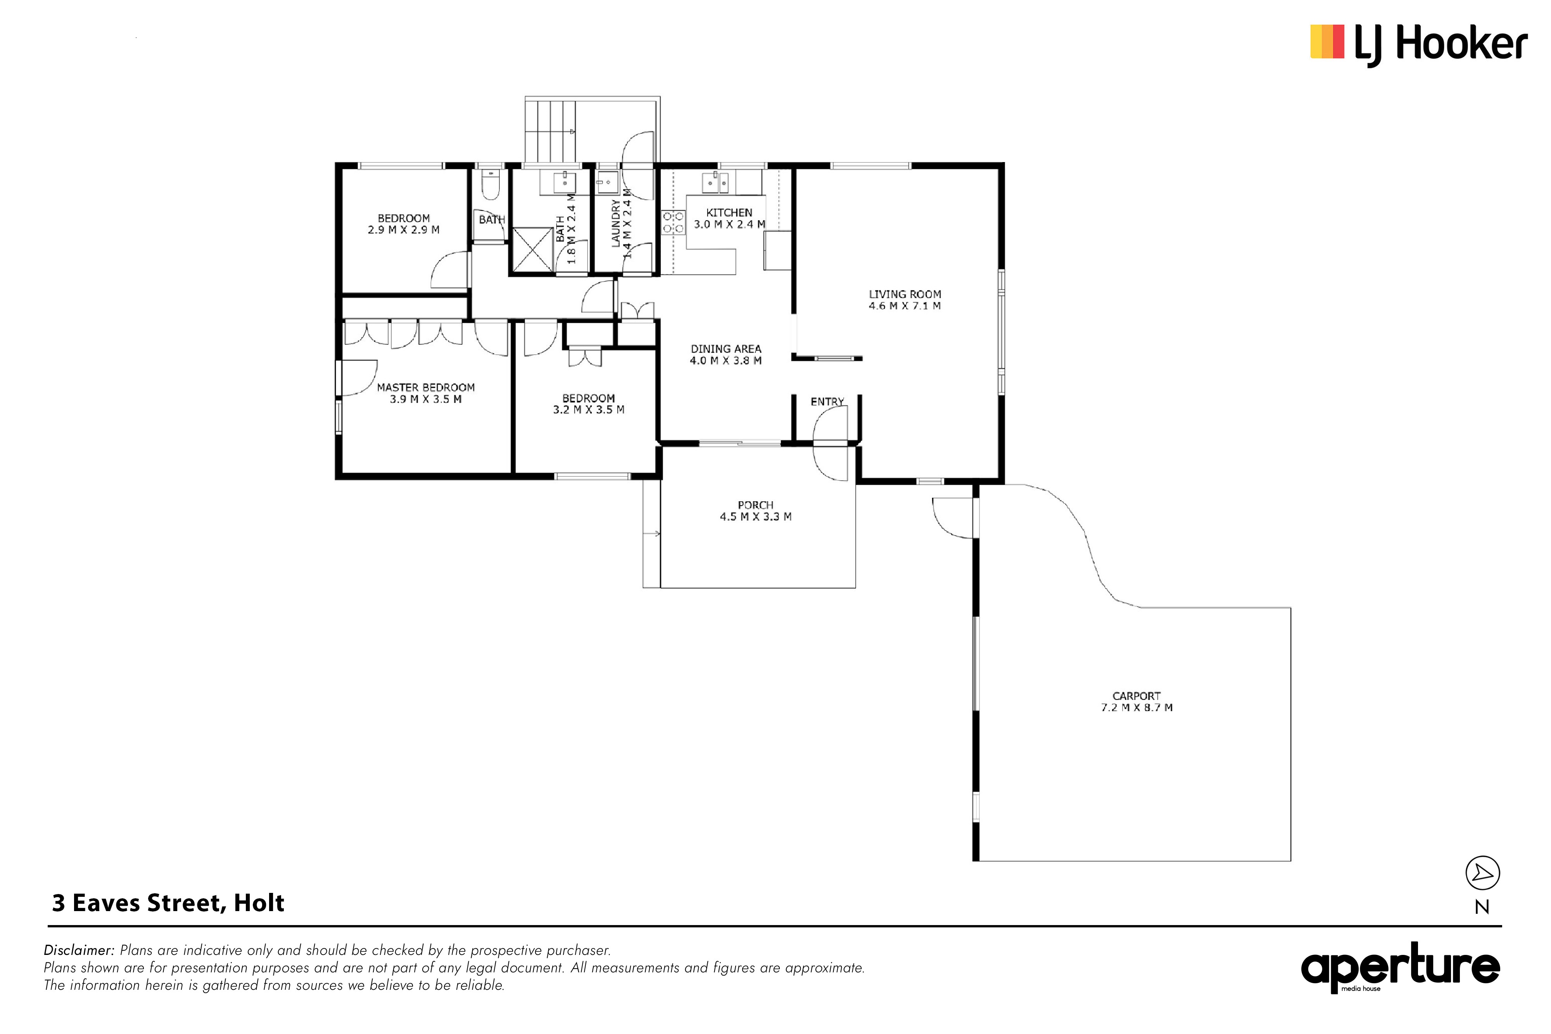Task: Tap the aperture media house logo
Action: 1401,967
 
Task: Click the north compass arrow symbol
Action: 1482,873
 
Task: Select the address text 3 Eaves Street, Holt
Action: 168,903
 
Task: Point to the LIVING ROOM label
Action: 905,294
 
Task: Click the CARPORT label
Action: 1136,696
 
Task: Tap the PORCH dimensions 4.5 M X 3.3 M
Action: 756,516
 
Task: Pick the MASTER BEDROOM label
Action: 426,387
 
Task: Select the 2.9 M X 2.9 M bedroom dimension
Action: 404,230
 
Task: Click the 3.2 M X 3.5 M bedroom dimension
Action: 589,409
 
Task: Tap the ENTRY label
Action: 827,402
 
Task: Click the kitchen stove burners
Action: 673,222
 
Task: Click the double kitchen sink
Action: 715,182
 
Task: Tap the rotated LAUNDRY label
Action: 616,224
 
